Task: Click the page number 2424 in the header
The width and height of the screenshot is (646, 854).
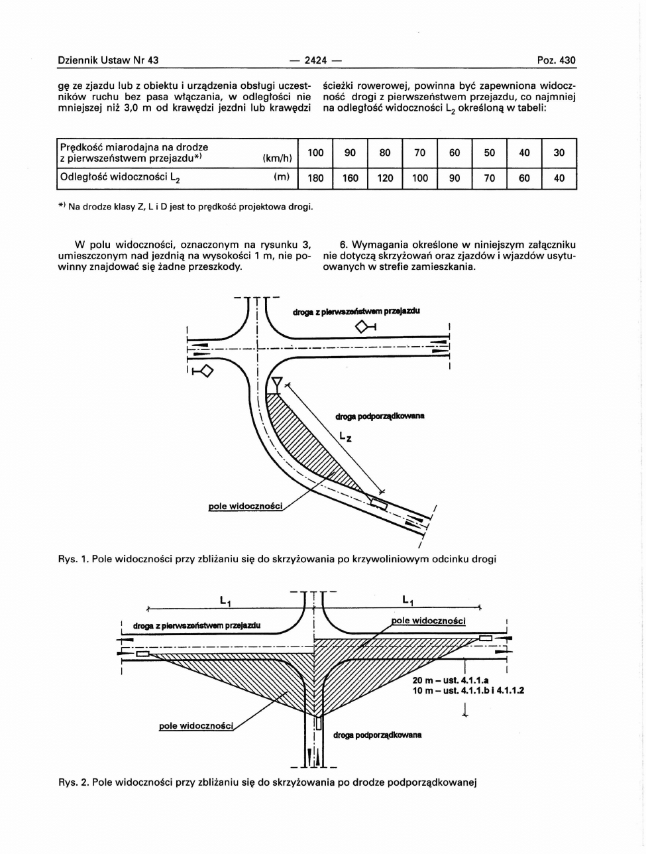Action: click(x=315, y=60)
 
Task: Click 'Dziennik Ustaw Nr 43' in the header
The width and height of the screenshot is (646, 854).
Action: click(x=108, y=60)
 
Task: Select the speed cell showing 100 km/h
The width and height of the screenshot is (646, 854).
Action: click(x=315, y=153)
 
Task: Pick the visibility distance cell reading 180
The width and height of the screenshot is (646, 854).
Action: click(x=315, y=178)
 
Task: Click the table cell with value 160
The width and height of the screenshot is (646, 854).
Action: click(x=350, y=178)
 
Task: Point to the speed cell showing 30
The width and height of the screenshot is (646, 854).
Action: click(x=559, y=153)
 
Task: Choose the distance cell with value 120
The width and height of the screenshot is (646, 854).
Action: click(x=385, y=178)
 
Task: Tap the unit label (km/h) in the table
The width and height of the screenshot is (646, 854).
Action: click(x=277, y=158)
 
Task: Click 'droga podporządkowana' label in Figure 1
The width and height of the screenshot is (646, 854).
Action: click(x=380, y=416)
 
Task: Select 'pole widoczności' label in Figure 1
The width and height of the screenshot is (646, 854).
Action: click(x=246, y=507)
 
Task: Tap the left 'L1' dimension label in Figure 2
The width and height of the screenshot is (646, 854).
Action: click(x=225, y=601)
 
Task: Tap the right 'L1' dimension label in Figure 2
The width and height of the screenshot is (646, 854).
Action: click(x=408, y=601)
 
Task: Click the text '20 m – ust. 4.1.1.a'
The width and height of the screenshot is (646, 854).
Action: click(x=450, y=680)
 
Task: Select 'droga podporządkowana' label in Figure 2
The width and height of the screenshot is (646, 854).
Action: click(x=377, y=735)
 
